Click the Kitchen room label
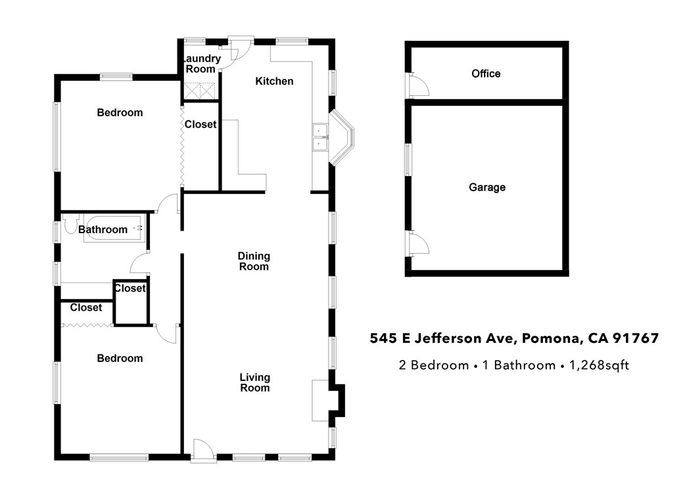pos(274,81)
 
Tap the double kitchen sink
pos(319,137)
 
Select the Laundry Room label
pos(201,64)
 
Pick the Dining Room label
pos(254,261)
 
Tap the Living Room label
pos(254,382)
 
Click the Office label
pos(486,74)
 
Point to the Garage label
pos(487,187)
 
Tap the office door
pos(418,83)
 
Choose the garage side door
pos(418,244)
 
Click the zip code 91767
pos(635,339)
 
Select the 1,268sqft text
pos(599,365)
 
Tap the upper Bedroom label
pos(120,112)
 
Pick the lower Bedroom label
pos(120,358)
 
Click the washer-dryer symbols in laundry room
pos(200,91)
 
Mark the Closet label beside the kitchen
pos(200,124)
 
